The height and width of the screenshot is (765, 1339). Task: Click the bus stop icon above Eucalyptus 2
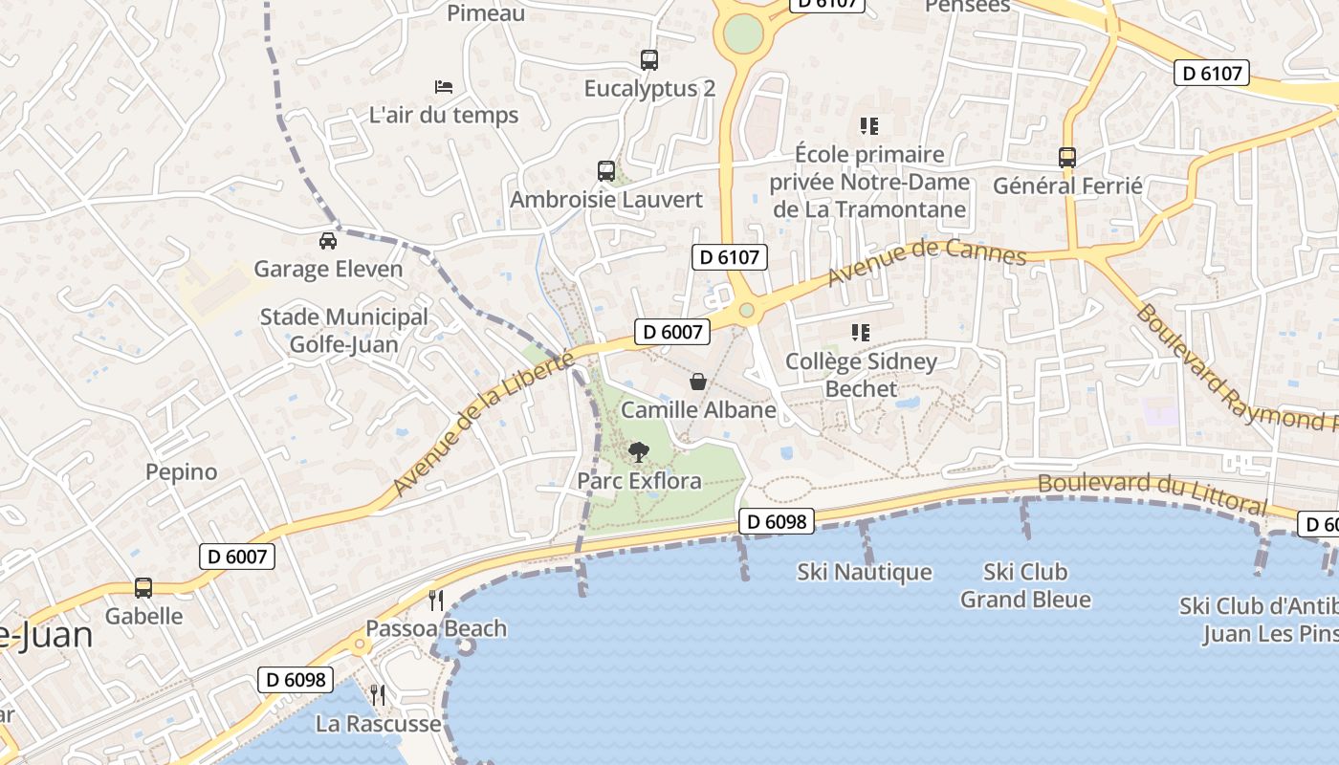click(649, 60)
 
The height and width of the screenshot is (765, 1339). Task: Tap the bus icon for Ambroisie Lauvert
click(606, 171)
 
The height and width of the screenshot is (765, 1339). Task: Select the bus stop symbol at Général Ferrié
click(1067, 157)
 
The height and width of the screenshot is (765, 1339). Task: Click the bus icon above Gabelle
click(143, 587)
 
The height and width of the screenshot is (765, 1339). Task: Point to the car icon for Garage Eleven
click(328, 240)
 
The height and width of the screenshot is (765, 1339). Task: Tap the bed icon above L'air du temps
click(444, 87)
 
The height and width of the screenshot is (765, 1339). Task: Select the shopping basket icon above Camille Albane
click(699, 382)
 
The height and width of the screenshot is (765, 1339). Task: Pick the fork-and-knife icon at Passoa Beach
click(436, 600)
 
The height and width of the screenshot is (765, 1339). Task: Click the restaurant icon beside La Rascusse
click(379, 694)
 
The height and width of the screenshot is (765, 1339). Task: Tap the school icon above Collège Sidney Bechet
click(861, 333)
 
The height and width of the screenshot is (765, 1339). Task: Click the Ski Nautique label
click(865, 572)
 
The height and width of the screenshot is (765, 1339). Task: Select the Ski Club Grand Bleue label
click(1025, 585)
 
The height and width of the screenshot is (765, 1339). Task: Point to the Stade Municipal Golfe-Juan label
click(344, 330)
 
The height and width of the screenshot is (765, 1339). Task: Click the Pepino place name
click(182, 471)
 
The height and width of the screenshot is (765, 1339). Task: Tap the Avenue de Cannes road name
click(926, 262)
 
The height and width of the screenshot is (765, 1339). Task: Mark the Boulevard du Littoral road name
click(1152, 492)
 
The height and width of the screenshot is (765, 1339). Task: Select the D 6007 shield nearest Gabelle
click(237, 557)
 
